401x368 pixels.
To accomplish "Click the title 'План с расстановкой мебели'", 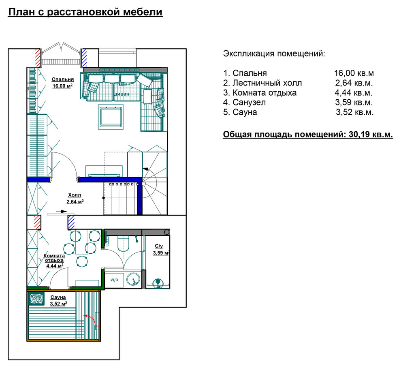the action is pyautogui.click(x=85, y=12).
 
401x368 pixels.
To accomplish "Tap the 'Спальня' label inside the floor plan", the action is pyautogui.click(x=63, y=79).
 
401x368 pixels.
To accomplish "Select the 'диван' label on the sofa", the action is pyautogui.click(x=122, y=94).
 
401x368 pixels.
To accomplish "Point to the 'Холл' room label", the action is pyautogui.click(x=75, y=195).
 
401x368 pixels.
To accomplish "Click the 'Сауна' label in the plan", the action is pyautogui.click(x=58, y=297).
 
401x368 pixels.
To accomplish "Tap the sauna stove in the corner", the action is pyautogui.click(x=36, y=299).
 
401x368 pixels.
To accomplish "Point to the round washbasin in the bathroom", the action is pyautogui.click(x=133, y=280).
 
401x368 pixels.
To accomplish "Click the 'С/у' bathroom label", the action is pyautogui.click(x=159, y=246).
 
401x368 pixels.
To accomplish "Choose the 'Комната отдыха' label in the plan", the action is pyautogui.click(x=54, y=258).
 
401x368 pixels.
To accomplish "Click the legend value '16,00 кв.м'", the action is pyautogui.click(x=354, y=73).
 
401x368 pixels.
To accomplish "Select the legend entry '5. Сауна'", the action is pyautogui.click(x=240, y=112).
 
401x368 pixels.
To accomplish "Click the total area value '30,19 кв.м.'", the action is pyautogui.click(x=371, y=135).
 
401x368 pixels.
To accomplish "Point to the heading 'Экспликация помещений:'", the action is pyautogui.click(x=274, y=54).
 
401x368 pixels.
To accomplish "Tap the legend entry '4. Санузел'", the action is pyautogui.click(x=244, y=103).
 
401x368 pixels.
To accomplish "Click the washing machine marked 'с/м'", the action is pyautogui.click(x=114, y=280).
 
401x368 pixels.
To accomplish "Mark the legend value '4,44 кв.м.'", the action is pyautogui.click(x=354, y=93).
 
